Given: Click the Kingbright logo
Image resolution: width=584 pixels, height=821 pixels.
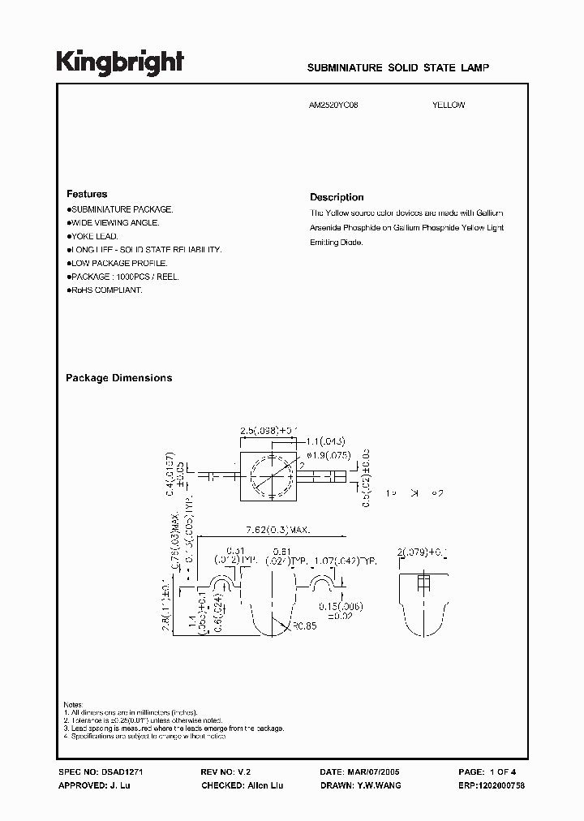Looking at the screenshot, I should point(120,62).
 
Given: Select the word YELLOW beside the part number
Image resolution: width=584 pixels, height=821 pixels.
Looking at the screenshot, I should point(449,105).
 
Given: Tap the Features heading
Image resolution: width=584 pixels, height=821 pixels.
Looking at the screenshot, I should point(87,195).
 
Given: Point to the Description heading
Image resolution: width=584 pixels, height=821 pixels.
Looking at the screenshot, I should point(337,197).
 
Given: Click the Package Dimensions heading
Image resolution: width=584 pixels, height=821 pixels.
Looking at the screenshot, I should point(118,378).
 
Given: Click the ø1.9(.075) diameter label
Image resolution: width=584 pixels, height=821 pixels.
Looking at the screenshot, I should point(324,455).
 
